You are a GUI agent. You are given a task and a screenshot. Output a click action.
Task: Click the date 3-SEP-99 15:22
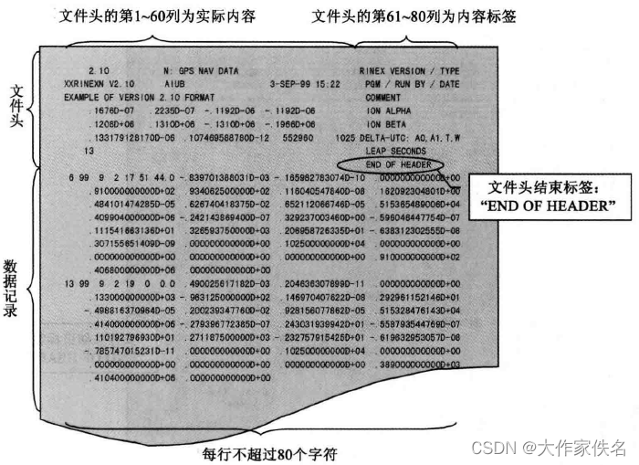click(303, 83)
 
